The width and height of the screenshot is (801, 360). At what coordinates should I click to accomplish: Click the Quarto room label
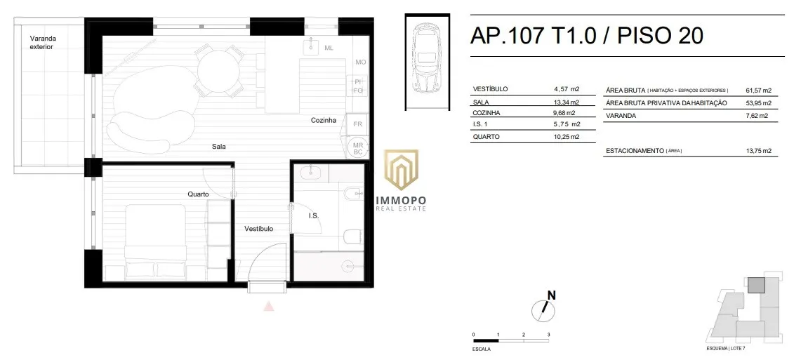(198, 194)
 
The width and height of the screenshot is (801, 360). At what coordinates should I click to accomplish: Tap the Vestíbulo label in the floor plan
(258, 229)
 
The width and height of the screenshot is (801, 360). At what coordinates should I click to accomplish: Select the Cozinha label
(324, 121)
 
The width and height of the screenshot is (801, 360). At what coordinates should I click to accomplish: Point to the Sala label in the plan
(219, 147)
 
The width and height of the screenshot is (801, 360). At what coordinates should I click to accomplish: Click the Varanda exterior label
(42, 42)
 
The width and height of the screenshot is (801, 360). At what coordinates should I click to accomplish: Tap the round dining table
(218, 71)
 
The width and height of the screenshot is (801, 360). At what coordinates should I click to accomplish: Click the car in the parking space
(428, 61)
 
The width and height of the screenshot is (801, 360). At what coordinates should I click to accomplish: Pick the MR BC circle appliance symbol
(357, 148)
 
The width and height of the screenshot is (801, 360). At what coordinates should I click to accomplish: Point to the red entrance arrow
(269, 306)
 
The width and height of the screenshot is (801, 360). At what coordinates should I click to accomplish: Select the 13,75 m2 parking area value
(759, 151)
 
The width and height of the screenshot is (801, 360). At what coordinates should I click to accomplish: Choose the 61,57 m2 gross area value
(759, 91)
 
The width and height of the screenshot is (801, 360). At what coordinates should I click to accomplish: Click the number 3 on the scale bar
(548, 335)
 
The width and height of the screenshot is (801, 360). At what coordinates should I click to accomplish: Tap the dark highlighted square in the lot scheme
(756, 286)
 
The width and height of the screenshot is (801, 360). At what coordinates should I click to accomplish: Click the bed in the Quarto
(156, 242)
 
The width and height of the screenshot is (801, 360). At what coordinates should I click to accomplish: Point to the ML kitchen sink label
(329, 48)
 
